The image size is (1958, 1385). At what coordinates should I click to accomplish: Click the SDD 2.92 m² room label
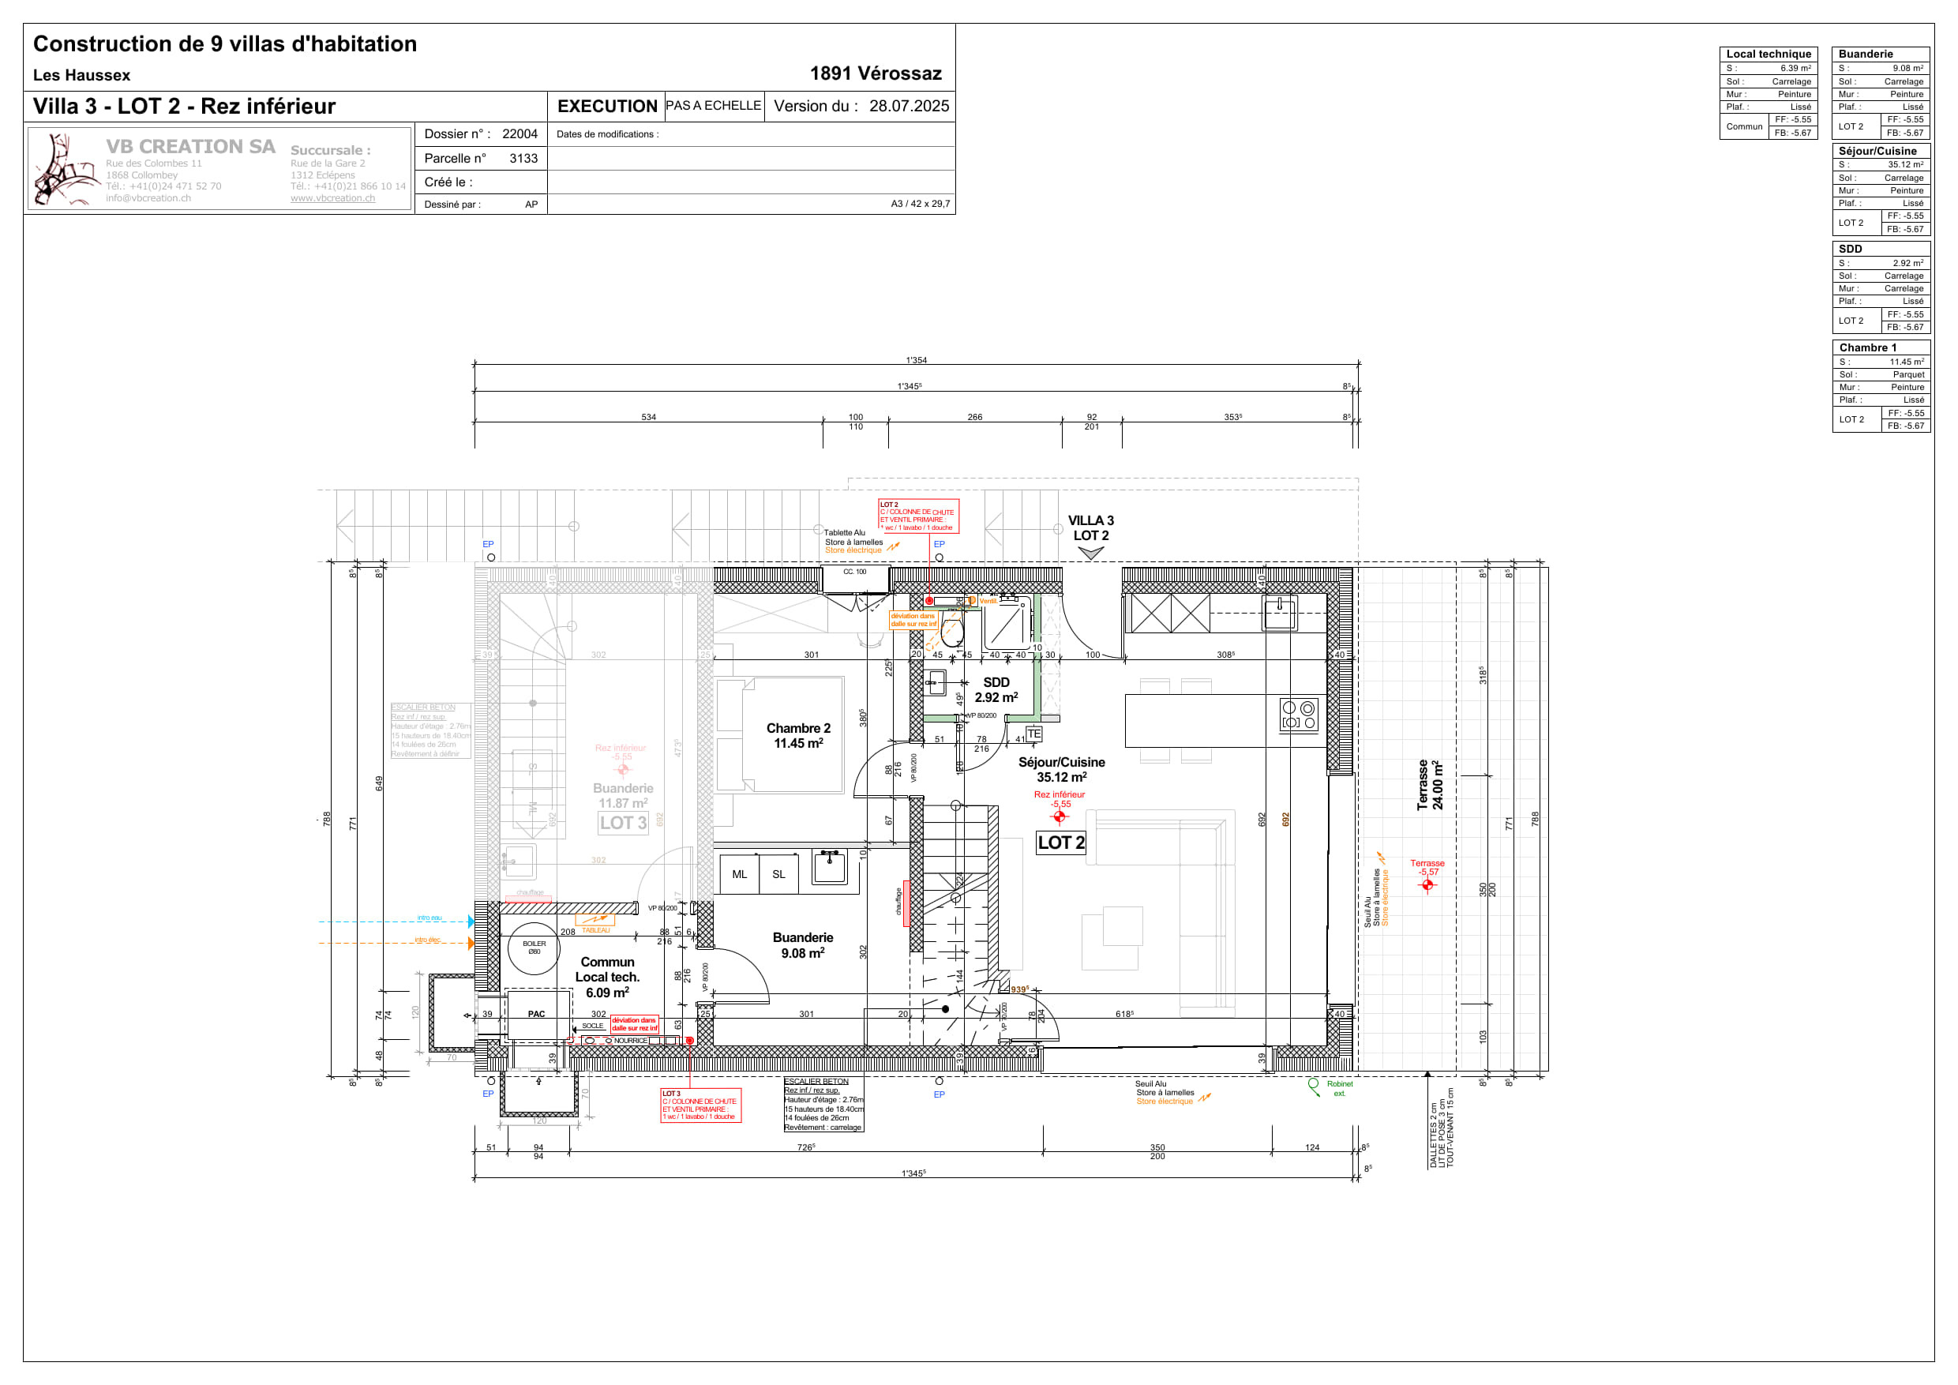(996, 690)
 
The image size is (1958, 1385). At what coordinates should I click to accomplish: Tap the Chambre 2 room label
(797, 735)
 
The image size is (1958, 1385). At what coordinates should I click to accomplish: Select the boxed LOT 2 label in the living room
(1060, 843)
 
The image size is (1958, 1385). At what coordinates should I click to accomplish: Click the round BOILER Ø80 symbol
(534, 948)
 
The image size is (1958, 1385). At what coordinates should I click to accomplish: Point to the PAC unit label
(535, 1014)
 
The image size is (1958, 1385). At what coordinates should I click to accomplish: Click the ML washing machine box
(738, 874)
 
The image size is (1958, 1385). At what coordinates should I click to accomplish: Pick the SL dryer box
(778, 874)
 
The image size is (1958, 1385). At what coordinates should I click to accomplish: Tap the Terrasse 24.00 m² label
(1430, 785)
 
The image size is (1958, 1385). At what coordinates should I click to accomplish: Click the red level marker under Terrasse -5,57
(1427, 885)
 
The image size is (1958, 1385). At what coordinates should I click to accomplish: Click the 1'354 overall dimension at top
(916, 360)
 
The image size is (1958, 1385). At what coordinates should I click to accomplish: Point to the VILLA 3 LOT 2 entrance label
(1090, 528)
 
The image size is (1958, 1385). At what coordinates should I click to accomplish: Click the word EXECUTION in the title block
(606, 107)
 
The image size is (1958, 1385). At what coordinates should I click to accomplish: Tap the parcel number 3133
(523, 159)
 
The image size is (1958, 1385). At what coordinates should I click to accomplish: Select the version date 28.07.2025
(908, 107)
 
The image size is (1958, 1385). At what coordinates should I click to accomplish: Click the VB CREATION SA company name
(190, 147)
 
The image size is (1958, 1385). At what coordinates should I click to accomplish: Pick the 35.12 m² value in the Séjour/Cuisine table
(1904, 164)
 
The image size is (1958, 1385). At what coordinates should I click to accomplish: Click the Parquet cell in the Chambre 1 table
(1907, 374)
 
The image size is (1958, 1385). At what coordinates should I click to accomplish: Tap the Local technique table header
(1768, 54)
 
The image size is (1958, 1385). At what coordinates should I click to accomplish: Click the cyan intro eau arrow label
(429, 918)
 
